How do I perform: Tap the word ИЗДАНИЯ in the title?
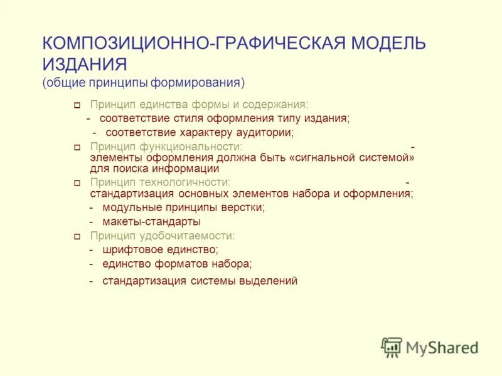85,64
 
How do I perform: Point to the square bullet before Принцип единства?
77,105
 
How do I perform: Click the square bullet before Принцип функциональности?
77,147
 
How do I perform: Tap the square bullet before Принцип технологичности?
77,183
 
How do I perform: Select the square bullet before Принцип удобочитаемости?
77,237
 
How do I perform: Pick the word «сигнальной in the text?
323,158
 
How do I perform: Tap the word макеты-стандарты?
152,221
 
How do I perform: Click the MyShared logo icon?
392,347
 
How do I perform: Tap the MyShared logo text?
442,347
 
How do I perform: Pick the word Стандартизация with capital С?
129,194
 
